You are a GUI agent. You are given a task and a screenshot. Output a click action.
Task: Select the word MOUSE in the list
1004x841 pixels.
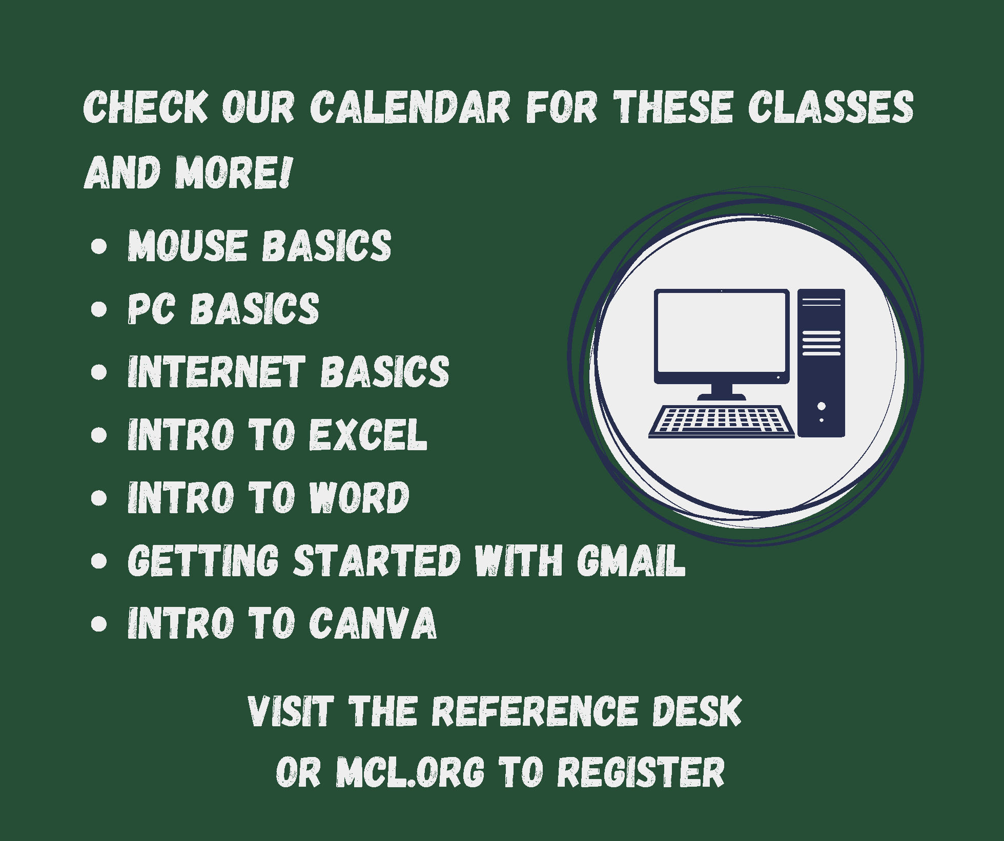click(187, 246)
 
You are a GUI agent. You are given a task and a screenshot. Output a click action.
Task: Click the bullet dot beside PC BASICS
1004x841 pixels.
click(98, 309)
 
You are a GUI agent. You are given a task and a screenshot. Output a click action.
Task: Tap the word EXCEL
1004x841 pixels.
click(367, 435)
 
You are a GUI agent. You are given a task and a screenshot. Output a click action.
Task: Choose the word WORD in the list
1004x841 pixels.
click(359, 497)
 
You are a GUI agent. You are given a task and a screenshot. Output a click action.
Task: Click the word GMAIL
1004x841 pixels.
click(630, 560)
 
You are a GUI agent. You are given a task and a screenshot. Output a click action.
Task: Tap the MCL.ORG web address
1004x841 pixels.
click(410, 772)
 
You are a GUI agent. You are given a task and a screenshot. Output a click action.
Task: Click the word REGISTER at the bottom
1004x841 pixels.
click(641, 772)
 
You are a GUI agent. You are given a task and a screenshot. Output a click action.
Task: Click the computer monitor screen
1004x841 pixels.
click(721, 333)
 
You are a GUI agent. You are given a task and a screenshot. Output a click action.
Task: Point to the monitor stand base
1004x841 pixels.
click(722, 396)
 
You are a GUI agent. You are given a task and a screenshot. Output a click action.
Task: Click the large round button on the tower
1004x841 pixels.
click(822, 406)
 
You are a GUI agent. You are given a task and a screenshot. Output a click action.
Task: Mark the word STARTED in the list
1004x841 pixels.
click(377, 560)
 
